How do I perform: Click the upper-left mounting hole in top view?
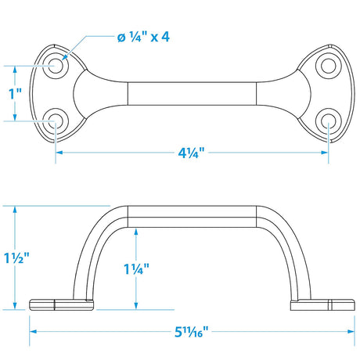coord(56,67)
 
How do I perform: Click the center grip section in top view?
coord(192,93)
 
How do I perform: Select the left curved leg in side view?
coord(92,250)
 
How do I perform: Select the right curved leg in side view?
coord(290,250)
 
